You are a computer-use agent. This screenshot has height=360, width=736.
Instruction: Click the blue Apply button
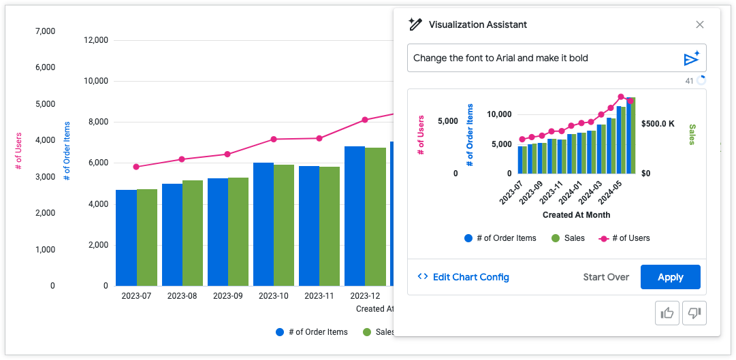pyautogui.click(x=670, y=277)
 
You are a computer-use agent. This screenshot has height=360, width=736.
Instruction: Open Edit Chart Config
pyautogui.click(x=463, y=277)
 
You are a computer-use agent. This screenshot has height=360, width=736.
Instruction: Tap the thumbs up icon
pyautogui.click(x=667, y=313)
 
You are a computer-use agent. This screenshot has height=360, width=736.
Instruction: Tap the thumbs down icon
pyautogui.click(x=694, y=313)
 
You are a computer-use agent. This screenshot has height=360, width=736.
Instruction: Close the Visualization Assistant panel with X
pyautogui.click(x=699, y=24)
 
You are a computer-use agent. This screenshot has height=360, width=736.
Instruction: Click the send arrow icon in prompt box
pyautogui.click(x=691, y=59)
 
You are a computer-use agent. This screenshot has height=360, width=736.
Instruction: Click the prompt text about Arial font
pyautogui.click(x=500, y=59)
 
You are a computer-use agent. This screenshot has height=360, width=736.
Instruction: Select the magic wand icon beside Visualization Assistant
pyautogui.click(x=415, y=24)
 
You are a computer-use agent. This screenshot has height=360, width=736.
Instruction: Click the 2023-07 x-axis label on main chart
pyautogui.click(x=136, y=296)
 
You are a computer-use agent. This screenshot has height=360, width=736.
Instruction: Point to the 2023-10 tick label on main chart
pyautogui.click(x=273, y=296)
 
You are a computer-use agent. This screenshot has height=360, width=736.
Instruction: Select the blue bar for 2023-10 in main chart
pyautogui.click(x=263, y=224)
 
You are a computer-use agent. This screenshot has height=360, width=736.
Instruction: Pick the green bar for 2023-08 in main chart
pyautogui.click(x=193, y=233)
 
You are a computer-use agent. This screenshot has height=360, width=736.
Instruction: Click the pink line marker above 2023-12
pyautogui.click(x=365, y=120)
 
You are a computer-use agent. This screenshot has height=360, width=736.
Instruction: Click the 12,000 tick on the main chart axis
pyautogui.click(x=95, y=40)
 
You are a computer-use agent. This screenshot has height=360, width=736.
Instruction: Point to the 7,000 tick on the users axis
pyautogui.click(x=45, y=31)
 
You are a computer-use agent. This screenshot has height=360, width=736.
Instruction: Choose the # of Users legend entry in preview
pyautogui.click(x=624, y=238)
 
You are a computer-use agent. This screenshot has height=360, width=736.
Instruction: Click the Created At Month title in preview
pyautogui.click(x=576, y=215)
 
